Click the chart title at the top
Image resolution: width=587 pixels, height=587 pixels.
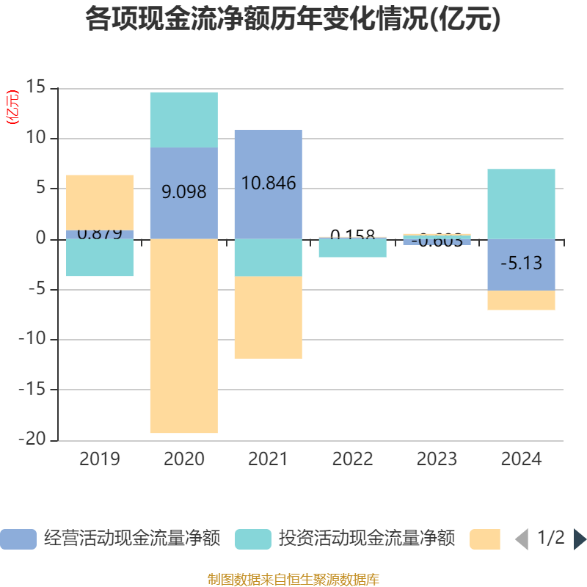pyautogui.click(x=293, y=20)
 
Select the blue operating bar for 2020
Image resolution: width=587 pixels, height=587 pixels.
pyautogui.click(x=183, y=193)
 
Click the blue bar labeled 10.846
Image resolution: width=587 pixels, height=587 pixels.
pyautogui.click(x=268, y=183)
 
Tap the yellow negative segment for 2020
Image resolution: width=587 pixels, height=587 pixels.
pyautogui.click(x=183, y=336)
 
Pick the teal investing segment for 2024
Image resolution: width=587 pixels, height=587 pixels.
pyautogui.click(x=521, y=204)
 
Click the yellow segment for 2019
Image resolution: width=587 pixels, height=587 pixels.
pyautogui.click(x=100, y=202)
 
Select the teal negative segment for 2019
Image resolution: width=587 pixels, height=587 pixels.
pyautogui.click(x=100, y=258)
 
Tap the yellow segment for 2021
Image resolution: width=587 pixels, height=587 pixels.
pyautogui.click(x=268, y=318)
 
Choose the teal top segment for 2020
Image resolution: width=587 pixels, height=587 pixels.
pyautogui.click(x=183, y=120)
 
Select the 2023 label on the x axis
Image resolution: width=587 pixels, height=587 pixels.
pyautogui.click(x=437, y=460)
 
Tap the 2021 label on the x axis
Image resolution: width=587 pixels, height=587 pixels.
pyautogui.click(x=268, y=460)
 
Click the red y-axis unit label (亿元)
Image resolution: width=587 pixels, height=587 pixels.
pyautogui.click(x=12, y=108)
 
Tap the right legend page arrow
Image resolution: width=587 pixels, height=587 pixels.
pyautogui.click(x=580, y=539)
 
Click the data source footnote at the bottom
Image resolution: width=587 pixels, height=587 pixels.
pyautogui.click(x=293, y=580)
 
